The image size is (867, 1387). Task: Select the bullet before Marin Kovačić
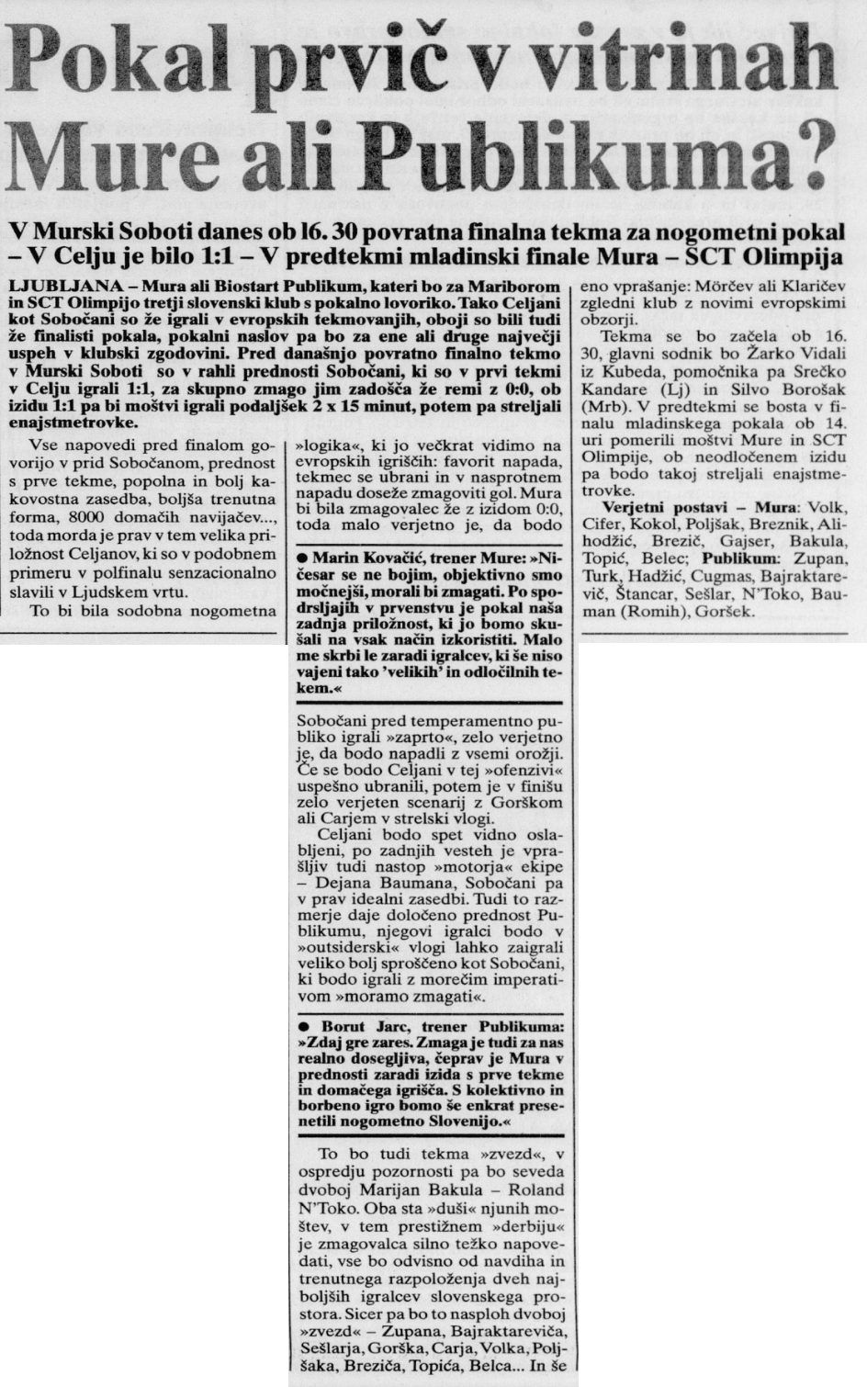pyautogui.click(x=302, y=558)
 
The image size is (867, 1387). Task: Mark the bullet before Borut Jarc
pyautogui.click(x=302, y=1025)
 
